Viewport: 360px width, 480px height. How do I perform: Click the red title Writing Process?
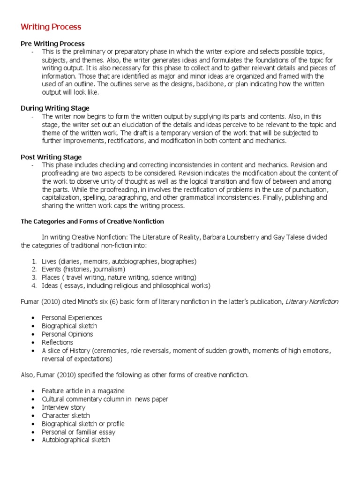pyautogui.click(x=51, y=27)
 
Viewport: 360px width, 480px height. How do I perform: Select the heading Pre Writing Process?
pyautogui.click(x=52, y=44)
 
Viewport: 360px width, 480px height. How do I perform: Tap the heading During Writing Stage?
pyautogui.click(x=55, y=108)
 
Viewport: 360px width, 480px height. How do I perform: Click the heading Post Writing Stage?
pyautogui.click(x=51, y=157)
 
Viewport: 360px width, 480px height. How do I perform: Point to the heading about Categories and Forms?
pyautogui.click(x=92, y=221)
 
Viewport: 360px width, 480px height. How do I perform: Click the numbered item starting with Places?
pyautogui.click(x=119, y=277)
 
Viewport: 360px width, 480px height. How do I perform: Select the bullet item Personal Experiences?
pyautogui.click(x=72, y=318)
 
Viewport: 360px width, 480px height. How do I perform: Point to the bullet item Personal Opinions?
pyautogui.click(x=67, y=334)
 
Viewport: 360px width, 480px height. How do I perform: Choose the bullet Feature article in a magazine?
pyautogui.click(x=83, y=391)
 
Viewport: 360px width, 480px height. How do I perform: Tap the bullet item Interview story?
pyautogui.click(x=63, y=407)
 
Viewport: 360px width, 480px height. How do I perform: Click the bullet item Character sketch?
pyautogui.click(x=66, y=415)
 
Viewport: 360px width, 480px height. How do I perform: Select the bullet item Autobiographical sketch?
pyautogui.click(x=75, y=440)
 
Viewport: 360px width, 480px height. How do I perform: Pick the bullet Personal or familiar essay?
pyautogui.click(x=78, y=432)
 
